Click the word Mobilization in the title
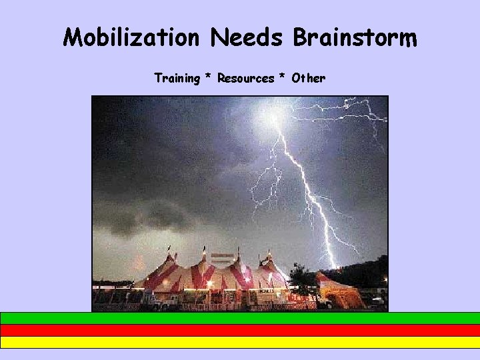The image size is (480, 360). (131, 37)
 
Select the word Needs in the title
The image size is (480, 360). (247, 37)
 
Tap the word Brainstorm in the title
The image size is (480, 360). (355, 37)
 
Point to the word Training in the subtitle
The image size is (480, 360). (177, 79)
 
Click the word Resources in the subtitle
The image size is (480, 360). (245, 79)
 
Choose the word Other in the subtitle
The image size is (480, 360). (307, 79)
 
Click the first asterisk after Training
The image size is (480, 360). (209, 79)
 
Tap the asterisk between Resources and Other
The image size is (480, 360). (282, 79)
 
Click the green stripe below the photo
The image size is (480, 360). (240, 318)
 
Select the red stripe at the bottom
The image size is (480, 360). (240, 330)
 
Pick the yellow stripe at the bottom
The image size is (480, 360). (240, 342)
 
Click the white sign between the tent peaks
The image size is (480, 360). (222, 257)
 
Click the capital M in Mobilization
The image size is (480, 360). (74, 37)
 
